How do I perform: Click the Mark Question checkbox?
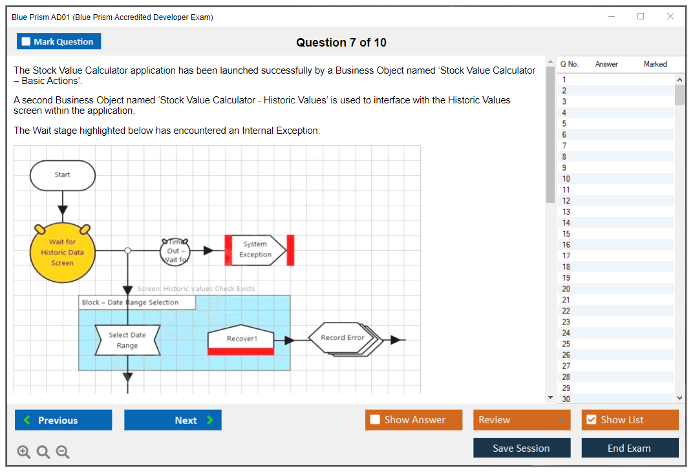click(27, 41)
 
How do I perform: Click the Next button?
click(173, 420)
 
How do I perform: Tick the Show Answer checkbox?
click(375, 420)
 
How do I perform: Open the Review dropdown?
click(522, 420)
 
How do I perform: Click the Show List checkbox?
click(591, 420)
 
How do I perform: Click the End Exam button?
click(630, 448)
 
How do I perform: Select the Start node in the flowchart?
click(63, 175)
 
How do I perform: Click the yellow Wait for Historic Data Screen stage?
click(62, 253)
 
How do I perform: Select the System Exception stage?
click(256, 250)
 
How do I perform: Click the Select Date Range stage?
click(127, 341)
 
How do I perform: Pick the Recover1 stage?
click(241, 339)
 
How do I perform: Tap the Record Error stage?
click(342, 337)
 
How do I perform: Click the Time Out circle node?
click(175, 251)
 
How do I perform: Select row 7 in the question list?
click(564, 145)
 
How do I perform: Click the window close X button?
click(670, 17)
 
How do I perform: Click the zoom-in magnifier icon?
click(24, 452)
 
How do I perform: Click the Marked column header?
click(655, 64)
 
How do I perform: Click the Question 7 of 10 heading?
click(341, 43)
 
